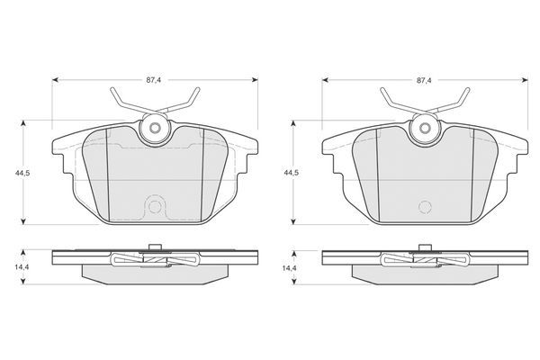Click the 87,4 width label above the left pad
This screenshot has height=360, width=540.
[154, 80]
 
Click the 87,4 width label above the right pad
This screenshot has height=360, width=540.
[424, 80]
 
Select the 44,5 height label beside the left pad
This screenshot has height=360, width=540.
[22, 173]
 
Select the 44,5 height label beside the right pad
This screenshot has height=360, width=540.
[291, 173]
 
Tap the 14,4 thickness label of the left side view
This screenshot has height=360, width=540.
[22, 267]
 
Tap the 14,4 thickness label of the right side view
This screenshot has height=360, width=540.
[289, 267]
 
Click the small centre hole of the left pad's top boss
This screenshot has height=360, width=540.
[155, 128]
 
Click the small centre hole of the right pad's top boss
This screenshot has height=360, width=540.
[425, 128]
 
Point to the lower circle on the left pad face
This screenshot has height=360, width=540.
[155, 207]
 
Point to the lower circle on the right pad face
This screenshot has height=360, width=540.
[425, 207]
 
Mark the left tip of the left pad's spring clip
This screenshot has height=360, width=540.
[112, 89]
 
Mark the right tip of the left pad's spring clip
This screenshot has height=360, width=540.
[198, 89]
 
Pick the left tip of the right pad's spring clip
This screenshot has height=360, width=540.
[382, 89]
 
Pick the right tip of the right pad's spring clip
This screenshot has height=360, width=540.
[468, 89]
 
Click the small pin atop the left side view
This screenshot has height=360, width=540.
[155, 247]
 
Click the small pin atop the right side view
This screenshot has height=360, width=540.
[425, 247]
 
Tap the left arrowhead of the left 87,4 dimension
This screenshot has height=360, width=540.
[55, 80]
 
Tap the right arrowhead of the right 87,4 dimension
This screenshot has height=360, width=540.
[525, 80]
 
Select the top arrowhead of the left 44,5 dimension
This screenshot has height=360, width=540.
[23, 123]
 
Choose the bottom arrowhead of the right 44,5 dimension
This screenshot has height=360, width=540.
[293, 221]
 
